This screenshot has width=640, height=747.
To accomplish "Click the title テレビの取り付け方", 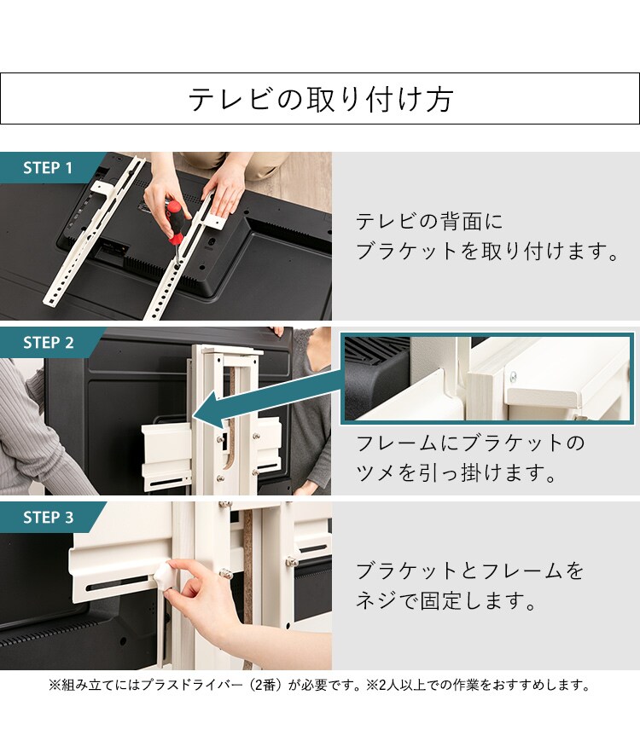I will point(320,100).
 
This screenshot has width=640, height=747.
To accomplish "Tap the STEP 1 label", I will point(48,168).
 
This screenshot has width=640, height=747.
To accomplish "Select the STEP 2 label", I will point(48,343).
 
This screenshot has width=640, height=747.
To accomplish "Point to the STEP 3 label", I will point(48,518).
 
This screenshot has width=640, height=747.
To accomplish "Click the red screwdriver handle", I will point(174,218).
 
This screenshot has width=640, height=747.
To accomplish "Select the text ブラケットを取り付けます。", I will point(486,252).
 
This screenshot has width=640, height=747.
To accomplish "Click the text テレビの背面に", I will point(429,222).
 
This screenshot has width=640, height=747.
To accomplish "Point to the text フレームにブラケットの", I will point(471,443).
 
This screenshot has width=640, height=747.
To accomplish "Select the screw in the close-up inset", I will point(515,376).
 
